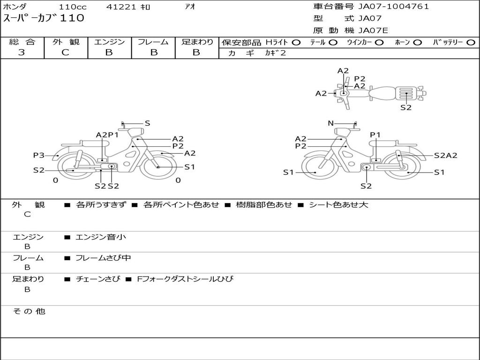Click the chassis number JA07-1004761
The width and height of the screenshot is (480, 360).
point(393,7)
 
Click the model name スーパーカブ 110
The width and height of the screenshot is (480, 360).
point(44,18)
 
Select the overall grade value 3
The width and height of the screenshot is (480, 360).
point(22,52)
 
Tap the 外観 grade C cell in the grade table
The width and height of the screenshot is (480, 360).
point(66,52)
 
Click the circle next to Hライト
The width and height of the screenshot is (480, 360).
point(296,43)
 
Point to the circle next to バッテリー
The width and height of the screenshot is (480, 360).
point(471,43)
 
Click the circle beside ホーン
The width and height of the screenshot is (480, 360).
point(418,43)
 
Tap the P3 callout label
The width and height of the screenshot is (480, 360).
point(38,156)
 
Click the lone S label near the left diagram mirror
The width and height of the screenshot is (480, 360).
point(147,123)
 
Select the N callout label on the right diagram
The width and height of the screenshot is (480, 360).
point(330,123)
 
